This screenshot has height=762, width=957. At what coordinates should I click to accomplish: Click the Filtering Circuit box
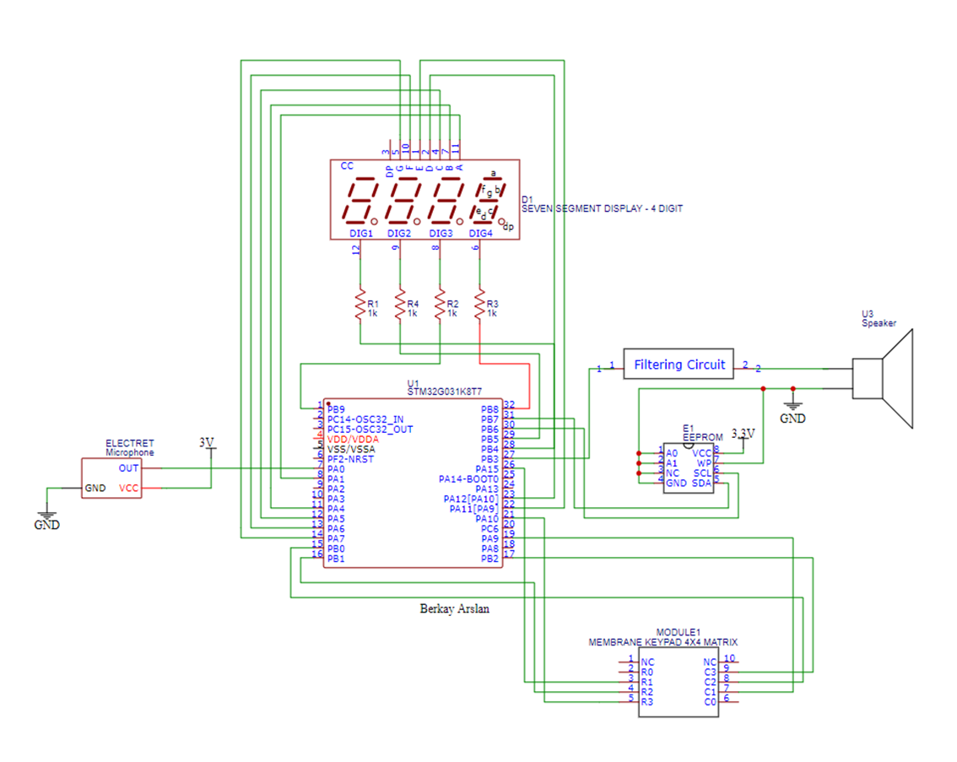point(679,365)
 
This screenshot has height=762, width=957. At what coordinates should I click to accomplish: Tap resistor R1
point(361,305)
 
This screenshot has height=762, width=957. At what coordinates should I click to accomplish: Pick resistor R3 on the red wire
point(480,305)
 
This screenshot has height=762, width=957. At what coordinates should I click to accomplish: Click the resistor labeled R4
point(400,305)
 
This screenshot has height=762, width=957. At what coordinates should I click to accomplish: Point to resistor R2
point(440,305)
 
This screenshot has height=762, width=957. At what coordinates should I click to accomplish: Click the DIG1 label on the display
point(361,233)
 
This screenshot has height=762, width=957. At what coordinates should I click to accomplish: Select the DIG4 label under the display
point(480,233)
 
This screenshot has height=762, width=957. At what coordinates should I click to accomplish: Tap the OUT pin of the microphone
point(128,468)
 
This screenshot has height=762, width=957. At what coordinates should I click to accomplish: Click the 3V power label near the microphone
point(207,442)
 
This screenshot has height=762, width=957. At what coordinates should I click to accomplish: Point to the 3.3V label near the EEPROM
point(743,433)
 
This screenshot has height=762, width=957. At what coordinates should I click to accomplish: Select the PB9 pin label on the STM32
point(336,409)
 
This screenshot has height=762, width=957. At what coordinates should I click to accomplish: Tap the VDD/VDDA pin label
point(353,440)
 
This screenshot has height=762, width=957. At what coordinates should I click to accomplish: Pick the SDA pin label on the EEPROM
point(702,483)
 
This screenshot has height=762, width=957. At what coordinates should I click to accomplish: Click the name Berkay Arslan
point(454,608)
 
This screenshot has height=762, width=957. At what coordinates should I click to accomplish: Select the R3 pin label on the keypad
point(647,701)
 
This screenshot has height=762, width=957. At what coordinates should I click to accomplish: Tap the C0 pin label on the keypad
point(710,701)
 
